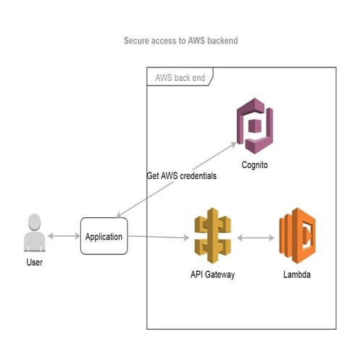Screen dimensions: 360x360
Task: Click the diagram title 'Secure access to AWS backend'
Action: (x=180, y=41)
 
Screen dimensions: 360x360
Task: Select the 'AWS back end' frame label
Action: (x=180, y=78)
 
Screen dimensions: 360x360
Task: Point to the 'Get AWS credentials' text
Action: (x=181, y=176)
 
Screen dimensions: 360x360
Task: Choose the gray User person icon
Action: (x=33, y=233)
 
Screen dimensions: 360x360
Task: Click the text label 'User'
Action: (x=33, y=261)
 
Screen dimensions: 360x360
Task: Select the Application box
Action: (x=104, y=236)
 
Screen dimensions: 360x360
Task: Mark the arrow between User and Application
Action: (x=64, y=236)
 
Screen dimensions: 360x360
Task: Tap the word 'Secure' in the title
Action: (x=138, y=41)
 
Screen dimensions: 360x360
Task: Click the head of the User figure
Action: (x=33, y=221)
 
